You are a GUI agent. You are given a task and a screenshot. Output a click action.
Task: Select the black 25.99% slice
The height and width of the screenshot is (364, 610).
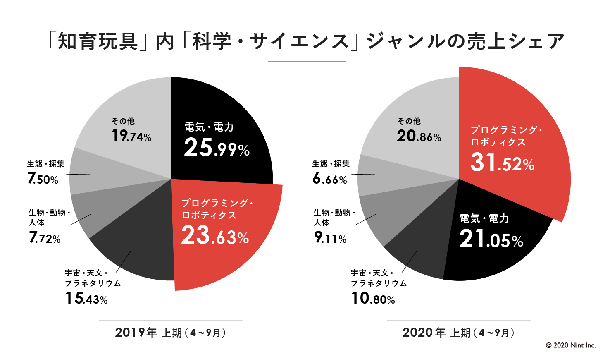coord(223,108)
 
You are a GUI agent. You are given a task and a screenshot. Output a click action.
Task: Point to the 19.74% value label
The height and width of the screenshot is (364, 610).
coord(131,136)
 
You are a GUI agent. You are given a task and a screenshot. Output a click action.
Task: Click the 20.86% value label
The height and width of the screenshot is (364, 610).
coord(419,136)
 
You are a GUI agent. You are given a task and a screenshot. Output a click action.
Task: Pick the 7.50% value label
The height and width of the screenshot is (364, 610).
coord(43,179)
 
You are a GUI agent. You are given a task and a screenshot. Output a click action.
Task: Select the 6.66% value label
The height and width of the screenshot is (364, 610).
coord(330,179)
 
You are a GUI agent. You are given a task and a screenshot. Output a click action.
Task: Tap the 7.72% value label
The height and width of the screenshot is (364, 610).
coord(45,238)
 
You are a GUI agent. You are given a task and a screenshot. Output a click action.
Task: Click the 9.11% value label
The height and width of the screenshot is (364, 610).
coord(331,238)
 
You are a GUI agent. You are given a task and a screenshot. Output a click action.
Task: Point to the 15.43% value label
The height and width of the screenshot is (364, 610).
coord(87,298)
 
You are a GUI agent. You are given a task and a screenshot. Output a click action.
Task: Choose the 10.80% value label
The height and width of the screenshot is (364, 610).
coord(373,298)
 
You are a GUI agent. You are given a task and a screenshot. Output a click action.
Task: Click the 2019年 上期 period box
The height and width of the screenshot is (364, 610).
coord(171,332)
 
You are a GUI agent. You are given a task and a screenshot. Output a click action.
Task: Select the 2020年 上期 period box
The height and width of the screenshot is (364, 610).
coord(459,332)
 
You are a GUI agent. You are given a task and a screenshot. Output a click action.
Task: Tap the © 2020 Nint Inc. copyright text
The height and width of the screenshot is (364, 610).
coord(571,345)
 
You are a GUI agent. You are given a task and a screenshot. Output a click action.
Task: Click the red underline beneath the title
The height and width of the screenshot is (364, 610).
coord(306,62)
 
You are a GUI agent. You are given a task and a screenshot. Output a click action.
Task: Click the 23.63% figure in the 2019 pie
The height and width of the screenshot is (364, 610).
coord(215,236)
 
